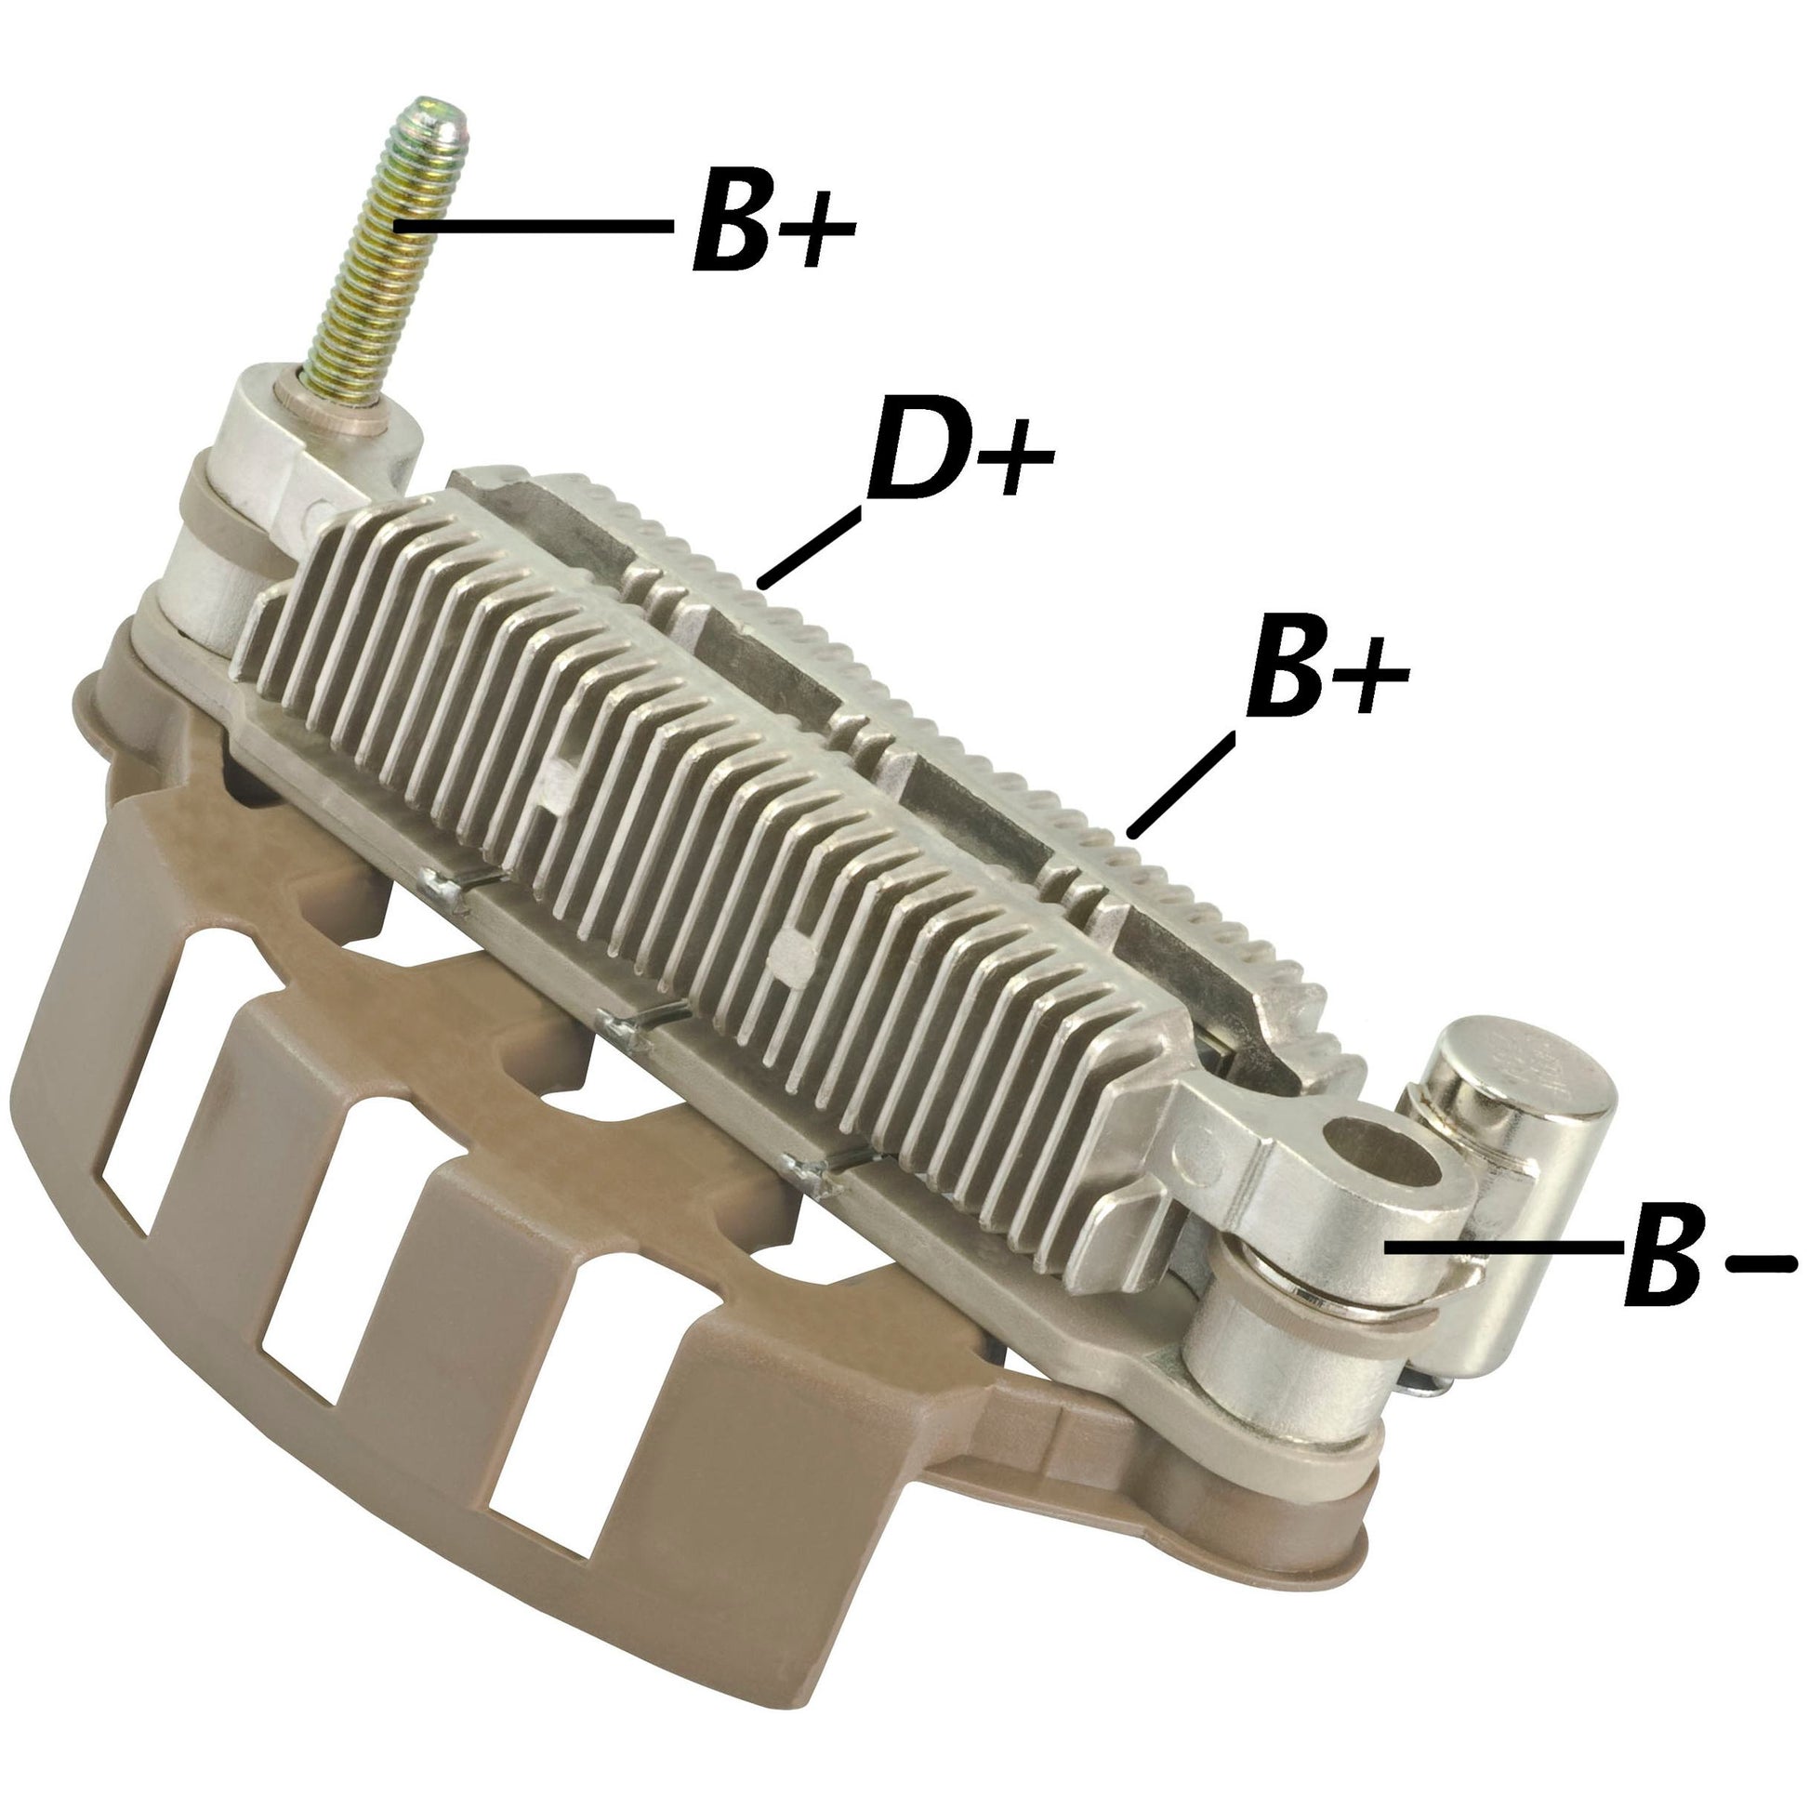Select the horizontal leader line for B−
coord(1503,1246)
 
